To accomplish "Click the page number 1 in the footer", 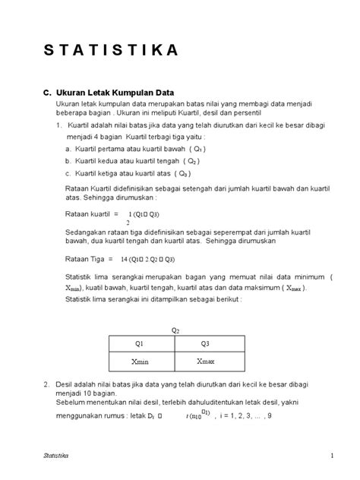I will [332, 455].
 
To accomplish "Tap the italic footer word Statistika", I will [55, 455].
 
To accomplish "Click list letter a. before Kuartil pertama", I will [68, 150].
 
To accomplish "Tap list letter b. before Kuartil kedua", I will [68, 162].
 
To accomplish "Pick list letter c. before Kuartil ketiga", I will [68, 174].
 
